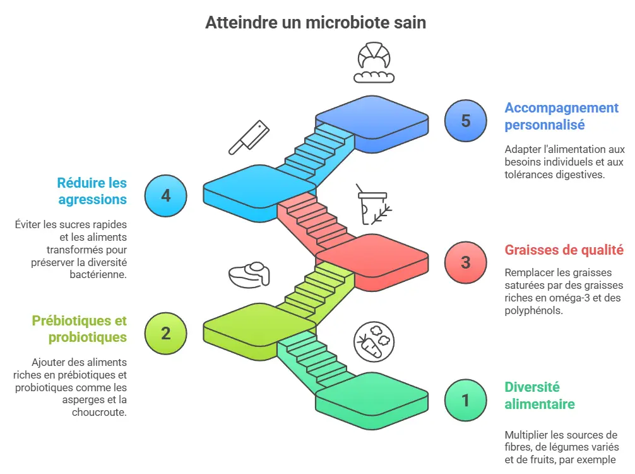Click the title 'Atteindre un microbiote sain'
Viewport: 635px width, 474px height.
pyautogui.click(x=316, y=23)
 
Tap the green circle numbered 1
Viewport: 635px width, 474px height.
pyautogui.click(x=466, y=400)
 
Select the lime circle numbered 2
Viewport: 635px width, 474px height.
pyautogui.click(x=165, y=333)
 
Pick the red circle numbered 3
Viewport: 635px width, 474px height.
pyautogui.click(x=466, y=262)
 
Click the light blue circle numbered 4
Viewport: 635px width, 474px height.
pyautogui.click(x=165, y=195)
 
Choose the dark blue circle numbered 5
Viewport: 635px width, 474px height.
pyautogui.click(x=466, y=121)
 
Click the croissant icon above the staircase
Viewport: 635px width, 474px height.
pyautogui.click(x=374, y=63)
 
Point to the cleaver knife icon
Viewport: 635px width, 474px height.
pyautogui.click(x=249, y=137)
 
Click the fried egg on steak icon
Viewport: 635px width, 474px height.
pyautogui.click(x=249, y=274)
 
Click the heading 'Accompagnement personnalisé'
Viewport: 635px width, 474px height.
pyautogui.click(x=561, y=116)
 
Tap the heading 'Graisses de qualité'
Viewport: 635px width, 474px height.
pyautogui.click(x=564, y=250)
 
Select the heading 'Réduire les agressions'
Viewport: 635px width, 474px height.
pyautogui.click(x=92, y=191)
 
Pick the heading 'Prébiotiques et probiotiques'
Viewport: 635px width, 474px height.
pyautogui.click(x=79, y=329)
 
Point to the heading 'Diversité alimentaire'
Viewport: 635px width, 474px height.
pyautogui.click(x=539, y=395)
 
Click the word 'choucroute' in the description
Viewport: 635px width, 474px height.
pyautogui.click(x=99, y=412)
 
